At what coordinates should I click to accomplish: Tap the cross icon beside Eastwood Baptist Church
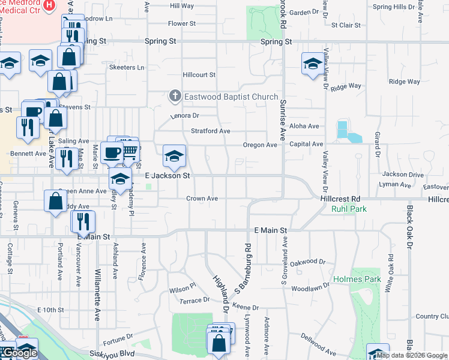[175, 96]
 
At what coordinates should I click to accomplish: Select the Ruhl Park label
[344, 209]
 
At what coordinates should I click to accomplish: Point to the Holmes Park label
[357, 280]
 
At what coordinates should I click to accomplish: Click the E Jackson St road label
[168, 176]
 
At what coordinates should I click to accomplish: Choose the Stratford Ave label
[211, 131]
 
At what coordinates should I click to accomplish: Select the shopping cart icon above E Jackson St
[128, 149]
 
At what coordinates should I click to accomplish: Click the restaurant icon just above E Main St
[83, 221]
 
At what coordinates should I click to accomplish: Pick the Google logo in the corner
[19, 353]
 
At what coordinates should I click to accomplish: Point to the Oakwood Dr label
[307, 262]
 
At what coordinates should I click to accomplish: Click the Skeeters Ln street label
[127, 67]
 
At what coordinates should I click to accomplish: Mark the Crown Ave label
[202, 198]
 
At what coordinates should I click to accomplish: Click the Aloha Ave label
[305, 126]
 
